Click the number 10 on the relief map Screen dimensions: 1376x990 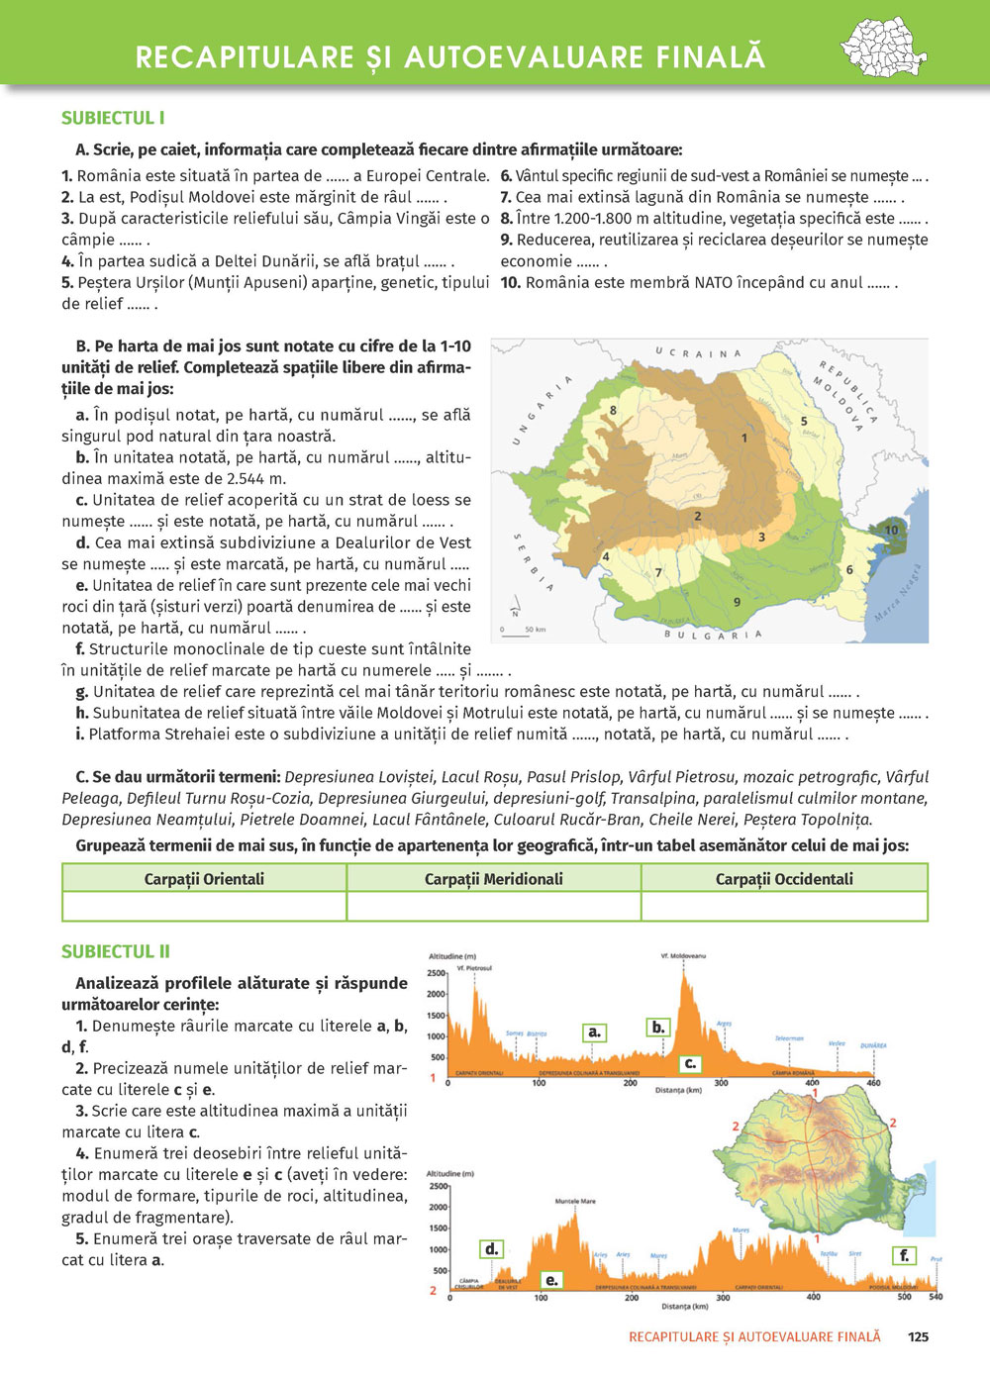click(x=891, y=530)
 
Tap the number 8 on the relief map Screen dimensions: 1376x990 click(x=614, y=410)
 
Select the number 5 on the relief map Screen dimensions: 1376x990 click(x=804, y=422)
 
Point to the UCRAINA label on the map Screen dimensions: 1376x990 click(x=698, y=353)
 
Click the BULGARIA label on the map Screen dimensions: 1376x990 click(x=713, y=635)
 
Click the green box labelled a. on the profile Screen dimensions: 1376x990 click(x=594, y=1032)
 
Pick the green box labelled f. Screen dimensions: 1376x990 click(x=903, y=1255)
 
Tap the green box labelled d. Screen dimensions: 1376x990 click(x=491, y=1249)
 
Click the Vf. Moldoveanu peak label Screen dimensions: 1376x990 click(x=683, y=956)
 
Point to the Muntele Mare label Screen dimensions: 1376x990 click(x=575, y=1201)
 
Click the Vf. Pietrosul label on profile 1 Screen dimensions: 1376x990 click(x=474, y=968)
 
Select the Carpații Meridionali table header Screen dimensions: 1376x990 click(x=493, y=879)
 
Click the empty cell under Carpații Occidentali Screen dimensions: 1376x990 click(x=784, y=907)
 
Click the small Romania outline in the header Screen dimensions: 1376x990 click(x=883, y=49)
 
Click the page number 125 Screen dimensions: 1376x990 click(x=918, y=1336)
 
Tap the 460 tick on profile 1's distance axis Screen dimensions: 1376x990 click(x=873, y=1083)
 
